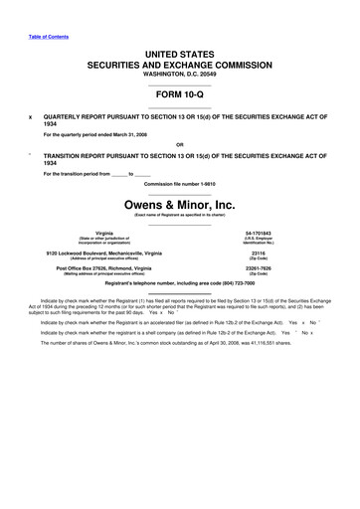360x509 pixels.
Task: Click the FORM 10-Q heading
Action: click(179, 96)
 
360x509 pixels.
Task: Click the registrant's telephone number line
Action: click(179, 284)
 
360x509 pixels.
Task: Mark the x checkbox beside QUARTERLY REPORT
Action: click(31, 114)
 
